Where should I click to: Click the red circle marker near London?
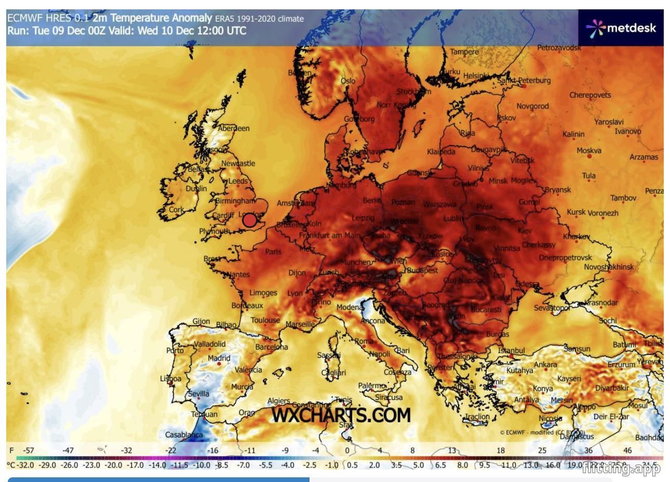250,220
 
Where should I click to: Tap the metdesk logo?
621,28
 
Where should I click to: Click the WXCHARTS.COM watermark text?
341,415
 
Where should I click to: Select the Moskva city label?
589,151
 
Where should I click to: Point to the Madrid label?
219,358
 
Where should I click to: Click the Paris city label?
273,252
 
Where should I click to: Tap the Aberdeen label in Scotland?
234,128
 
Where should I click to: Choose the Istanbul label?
512,351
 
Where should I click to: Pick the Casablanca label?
184,435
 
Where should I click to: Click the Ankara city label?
545,365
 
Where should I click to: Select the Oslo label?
348,81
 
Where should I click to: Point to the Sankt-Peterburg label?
524,81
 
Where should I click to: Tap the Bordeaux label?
247,306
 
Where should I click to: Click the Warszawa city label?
439,204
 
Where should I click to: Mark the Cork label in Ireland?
177,210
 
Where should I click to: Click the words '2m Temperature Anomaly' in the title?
152,18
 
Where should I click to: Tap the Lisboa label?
170,379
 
